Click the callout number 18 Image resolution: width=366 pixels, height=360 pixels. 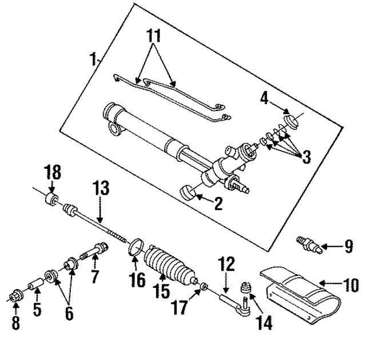[53, 173]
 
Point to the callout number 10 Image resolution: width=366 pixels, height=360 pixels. [350, 284]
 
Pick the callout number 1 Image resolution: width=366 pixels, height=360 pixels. [93, 58]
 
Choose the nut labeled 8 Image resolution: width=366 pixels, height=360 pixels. [15, 298]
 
